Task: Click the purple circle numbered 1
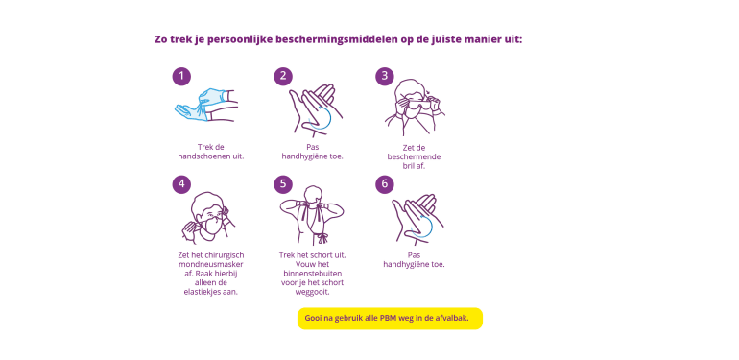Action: (181, 76)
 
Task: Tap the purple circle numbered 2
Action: (283, 76)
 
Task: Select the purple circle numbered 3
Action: (385, 76)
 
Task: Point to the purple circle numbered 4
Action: (181, 183)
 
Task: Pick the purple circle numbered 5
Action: (283, 183)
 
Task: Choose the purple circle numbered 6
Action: (385, 183)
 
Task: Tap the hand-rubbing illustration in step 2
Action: (315, 110)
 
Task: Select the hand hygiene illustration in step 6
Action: (417, 219)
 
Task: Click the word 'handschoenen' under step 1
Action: (204, 156)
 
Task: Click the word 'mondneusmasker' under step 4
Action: (211, 264)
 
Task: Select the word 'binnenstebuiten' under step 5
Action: (313, 274)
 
